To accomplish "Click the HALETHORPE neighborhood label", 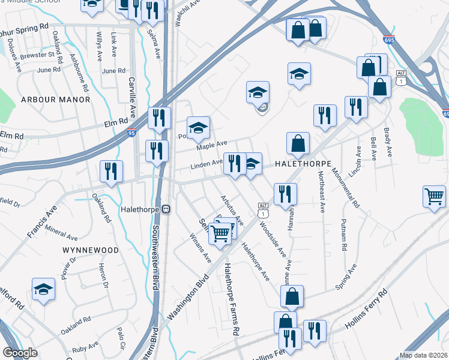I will click(303, 163).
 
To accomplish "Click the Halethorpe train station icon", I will click(167, 209).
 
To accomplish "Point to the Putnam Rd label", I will click(343, 235).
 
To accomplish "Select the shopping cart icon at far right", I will click(434, 196).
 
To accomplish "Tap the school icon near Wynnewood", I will click(43, 290).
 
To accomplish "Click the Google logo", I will click(19, 353).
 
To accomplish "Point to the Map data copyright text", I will click(423, 355).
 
